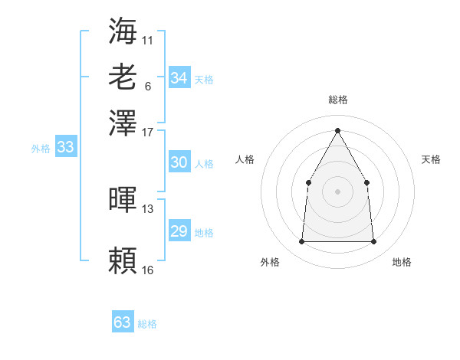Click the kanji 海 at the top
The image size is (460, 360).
(123, 31)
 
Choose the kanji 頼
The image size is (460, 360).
(123, 260)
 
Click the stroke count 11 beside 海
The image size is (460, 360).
(148, 40)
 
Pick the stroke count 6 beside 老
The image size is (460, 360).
(148, 86)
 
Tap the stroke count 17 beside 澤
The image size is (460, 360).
(148, 132)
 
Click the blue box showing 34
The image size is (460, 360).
(179, 78)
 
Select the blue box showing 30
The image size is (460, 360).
(179, 162)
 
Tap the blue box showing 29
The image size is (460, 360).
(179, 231)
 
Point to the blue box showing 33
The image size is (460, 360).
(65, 147)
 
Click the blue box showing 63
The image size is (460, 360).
(123, 322)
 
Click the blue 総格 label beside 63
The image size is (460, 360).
(147, 324)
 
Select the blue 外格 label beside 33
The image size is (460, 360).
(41, 149)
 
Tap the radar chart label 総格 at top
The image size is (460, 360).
(337, 100)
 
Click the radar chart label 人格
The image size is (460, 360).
(245, 159)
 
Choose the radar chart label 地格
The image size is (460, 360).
(402, 262)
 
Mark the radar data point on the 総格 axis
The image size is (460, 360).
(337, 130)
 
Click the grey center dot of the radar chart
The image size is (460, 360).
(337, 191)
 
